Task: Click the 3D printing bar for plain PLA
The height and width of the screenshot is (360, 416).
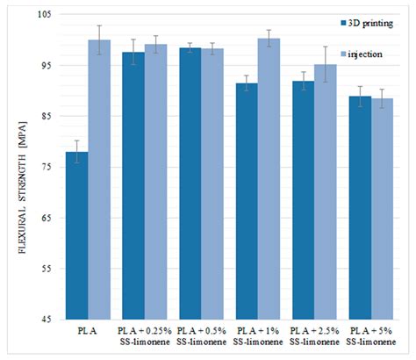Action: click(x=77, y=235)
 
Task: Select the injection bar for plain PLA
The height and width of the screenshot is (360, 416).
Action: click(x=99, y=179)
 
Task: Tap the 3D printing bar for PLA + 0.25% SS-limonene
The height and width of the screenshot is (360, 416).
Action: click(x=133, y=185)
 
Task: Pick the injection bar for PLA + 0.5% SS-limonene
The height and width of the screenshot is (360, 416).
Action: click(x=212, y=184)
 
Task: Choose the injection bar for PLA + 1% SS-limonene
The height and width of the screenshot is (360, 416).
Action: click(x=269, y=179)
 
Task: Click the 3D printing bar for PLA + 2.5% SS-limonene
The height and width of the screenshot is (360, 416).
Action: click(x=304, y=200)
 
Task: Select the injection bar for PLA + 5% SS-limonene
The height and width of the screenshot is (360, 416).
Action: click(x=382, y=209)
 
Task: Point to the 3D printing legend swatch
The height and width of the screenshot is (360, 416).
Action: click(x=344, y=23)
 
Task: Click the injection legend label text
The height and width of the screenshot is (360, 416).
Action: click(x=365, y=54)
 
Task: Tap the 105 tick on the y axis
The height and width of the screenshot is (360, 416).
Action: click(x=45, y=14)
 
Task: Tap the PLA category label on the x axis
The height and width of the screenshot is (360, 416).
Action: click(x=88, y=331)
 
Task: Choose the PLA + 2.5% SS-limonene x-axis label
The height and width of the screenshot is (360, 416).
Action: click(x=314, y=336)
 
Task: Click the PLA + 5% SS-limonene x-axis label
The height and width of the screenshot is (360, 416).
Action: click(x=371, y=336)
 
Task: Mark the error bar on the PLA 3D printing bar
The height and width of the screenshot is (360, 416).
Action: click(x=77, y=152)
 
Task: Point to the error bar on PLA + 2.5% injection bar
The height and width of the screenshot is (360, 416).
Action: click(x=326, y=64)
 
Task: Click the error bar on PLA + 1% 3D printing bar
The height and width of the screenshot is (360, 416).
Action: click(x=247, y=83)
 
